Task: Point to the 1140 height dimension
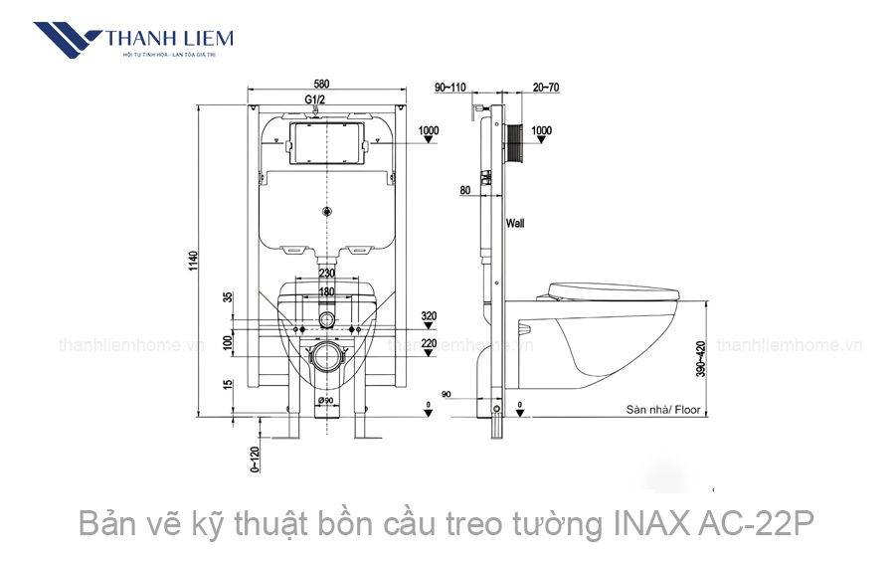(195, 261)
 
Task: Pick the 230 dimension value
(326, 273)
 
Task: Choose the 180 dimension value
(326, 291)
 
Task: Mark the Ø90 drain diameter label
(324, 400)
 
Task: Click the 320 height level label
(429, 315)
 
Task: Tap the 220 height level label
(429, 343)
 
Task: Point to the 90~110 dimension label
(449, 88)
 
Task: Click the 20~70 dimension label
(545, 88)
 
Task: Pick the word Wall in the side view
(515, 224)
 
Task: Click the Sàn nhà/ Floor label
(663, 409)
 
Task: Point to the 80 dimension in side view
(464, 190)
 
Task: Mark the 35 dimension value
(228, 296)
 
